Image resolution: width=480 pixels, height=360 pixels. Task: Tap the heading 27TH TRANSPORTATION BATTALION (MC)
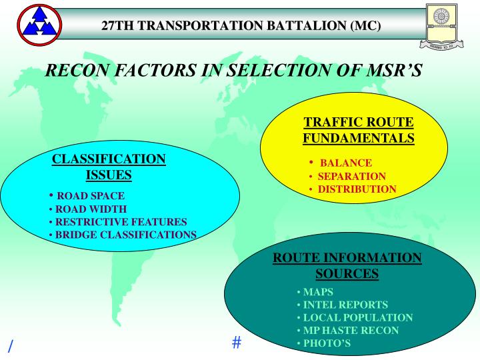pyautogui.click(x=241, y=27)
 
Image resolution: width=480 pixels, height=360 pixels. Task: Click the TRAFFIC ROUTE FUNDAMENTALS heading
pyautogui.click(x=359, y=130)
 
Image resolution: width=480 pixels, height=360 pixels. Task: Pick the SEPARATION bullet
pyautogui.click(x=351, y=176)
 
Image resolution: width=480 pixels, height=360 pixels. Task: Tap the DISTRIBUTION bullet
pyautogui.click(x=357, y=189)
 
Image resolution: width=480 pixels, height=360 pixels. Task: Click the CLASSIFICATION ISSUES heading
pyautogui.click(x=109, y=167)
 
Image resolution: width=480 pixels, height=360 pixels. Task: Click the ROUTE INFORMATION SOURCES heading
pyautogui.click(x=347, y=265)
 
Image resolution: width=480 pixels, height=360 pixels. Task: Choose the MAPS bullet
pyautogui.click(x=317, y=292)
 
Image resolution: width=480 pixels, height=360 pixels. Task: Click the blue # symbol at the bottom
pyautogui.click(x=236, y=343)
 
